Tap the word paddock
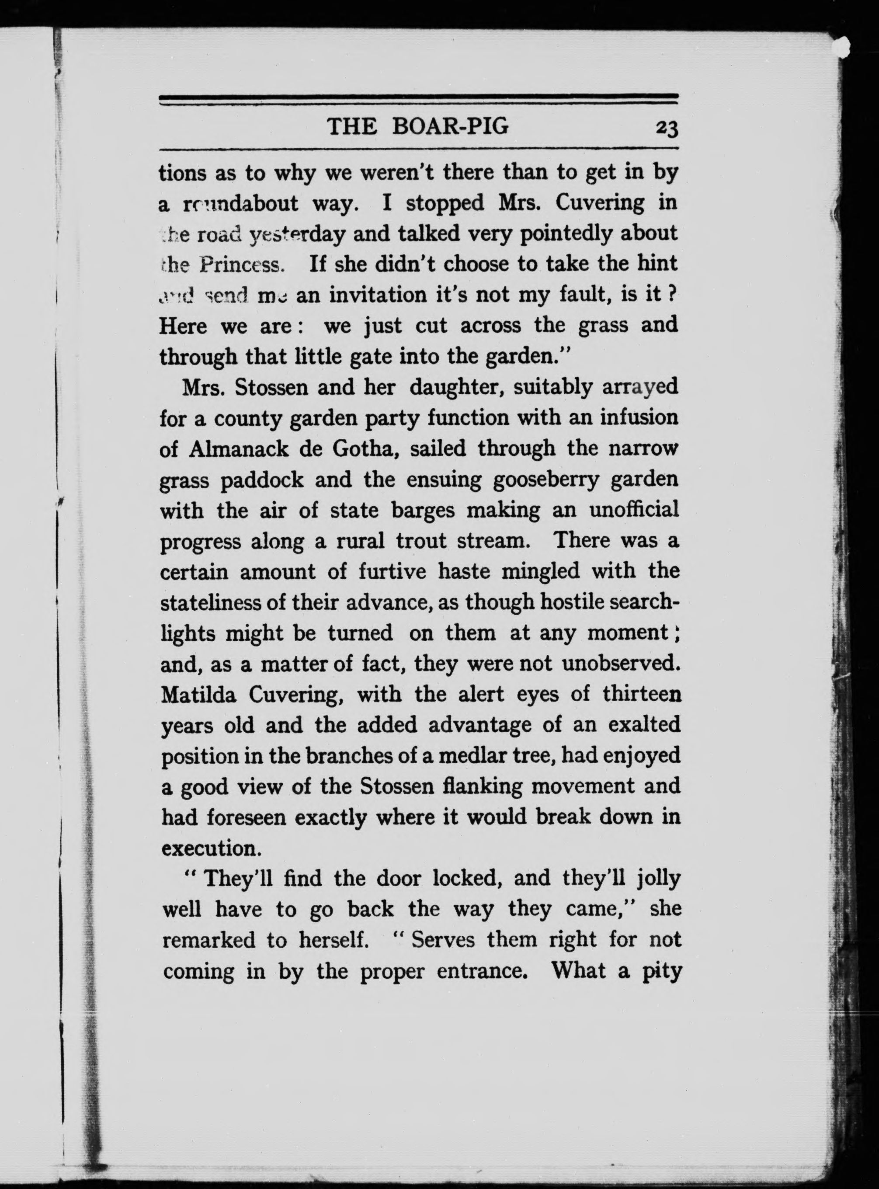(x=262, y=480)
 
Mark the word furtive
(x=393, y=571)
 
